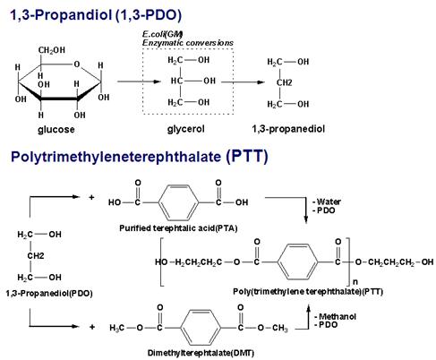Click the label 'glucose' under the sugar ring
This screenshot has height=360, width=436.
pos(56,130)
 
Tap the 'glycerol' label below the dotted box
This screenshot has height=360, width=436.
pos(185,129)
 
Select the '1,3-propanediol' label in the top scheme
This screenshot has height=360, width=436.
pos(288,129)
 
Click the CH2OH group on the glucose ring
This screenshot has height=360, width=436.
pos(52,50)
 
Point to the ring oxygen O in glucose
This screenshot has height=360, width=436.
pos(77,64)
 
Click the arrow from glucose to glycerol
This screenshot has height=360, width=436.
pos(139,81)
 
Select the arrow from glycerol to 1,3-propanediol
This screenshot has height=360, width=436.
pos(243,82)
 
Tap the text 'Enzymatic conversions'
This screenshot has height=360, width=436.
pos(188,43)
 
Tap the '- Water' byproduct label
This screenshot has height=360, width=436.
pos(327,201)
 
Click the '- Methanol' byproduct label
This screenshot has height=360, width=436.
pos(335,316)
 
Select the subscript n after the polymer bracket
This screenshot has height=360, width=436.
pos(355,282)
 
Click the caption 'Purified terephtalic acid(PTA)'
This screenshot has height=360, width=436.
pos(178,228)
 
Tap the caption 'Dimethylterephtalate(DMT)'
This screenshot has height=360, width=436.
pos(201,353)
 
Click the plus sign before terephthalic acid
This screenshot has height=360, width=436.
pos(91,197)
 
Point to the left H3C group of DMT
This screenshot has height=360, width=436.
pos(116,328)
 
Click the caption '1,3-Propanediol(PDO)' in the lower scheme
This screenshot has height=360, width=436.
pos(49,294)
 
